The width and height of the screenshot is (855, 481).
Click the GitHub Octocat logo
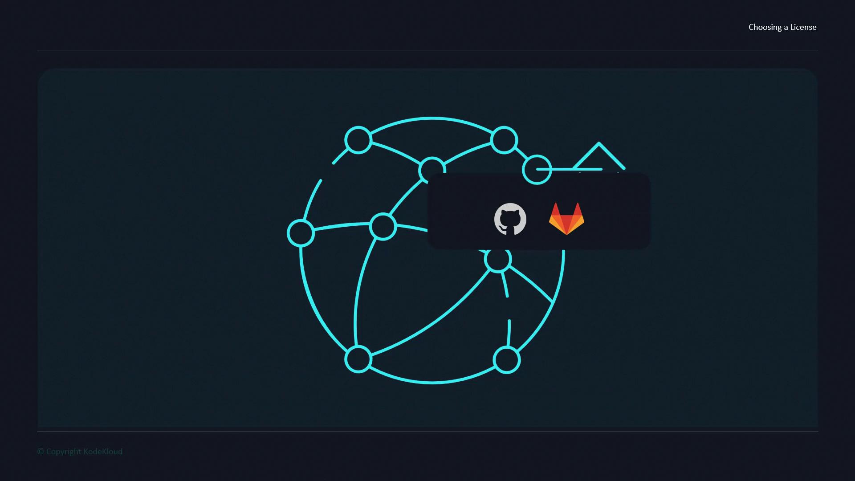[510, 219]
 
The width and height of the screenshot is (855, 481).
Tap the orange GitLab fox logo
[566, 219]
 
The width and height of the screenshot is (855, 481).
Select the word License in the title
[803, 27]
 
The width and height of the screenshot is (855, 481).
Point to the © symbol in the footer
[41, 452]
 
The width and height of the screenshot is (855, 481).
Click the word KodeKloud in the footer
[103, 452]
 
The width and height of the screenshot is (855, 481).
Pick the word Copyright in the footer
[64, 452]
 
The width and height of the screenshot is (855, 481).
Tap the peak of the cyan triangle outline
[599, 143]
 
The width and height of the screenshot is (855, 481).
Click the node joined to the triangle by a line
[537, 170]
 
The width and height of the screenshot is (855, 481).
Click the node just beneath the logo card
[498, 260]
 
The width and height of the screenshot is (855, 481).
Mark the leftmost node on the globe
[301, 233]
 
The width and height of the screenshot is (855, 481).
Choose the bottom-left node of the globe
[358, 359]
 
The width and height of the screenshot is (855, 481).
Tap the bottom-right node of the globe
[507, 360]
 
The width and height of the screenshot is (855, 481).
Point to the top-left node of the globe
[358, 140]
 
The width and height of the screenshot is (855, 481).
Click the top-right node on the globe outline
[504, 140]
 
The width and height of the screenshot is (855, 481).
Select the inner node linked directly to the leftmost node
[383, 227]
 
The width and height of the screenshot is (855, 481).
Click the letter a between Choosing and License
[786, 28]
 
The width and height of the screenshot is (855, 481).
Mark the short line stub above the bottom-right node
[509, 333]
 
